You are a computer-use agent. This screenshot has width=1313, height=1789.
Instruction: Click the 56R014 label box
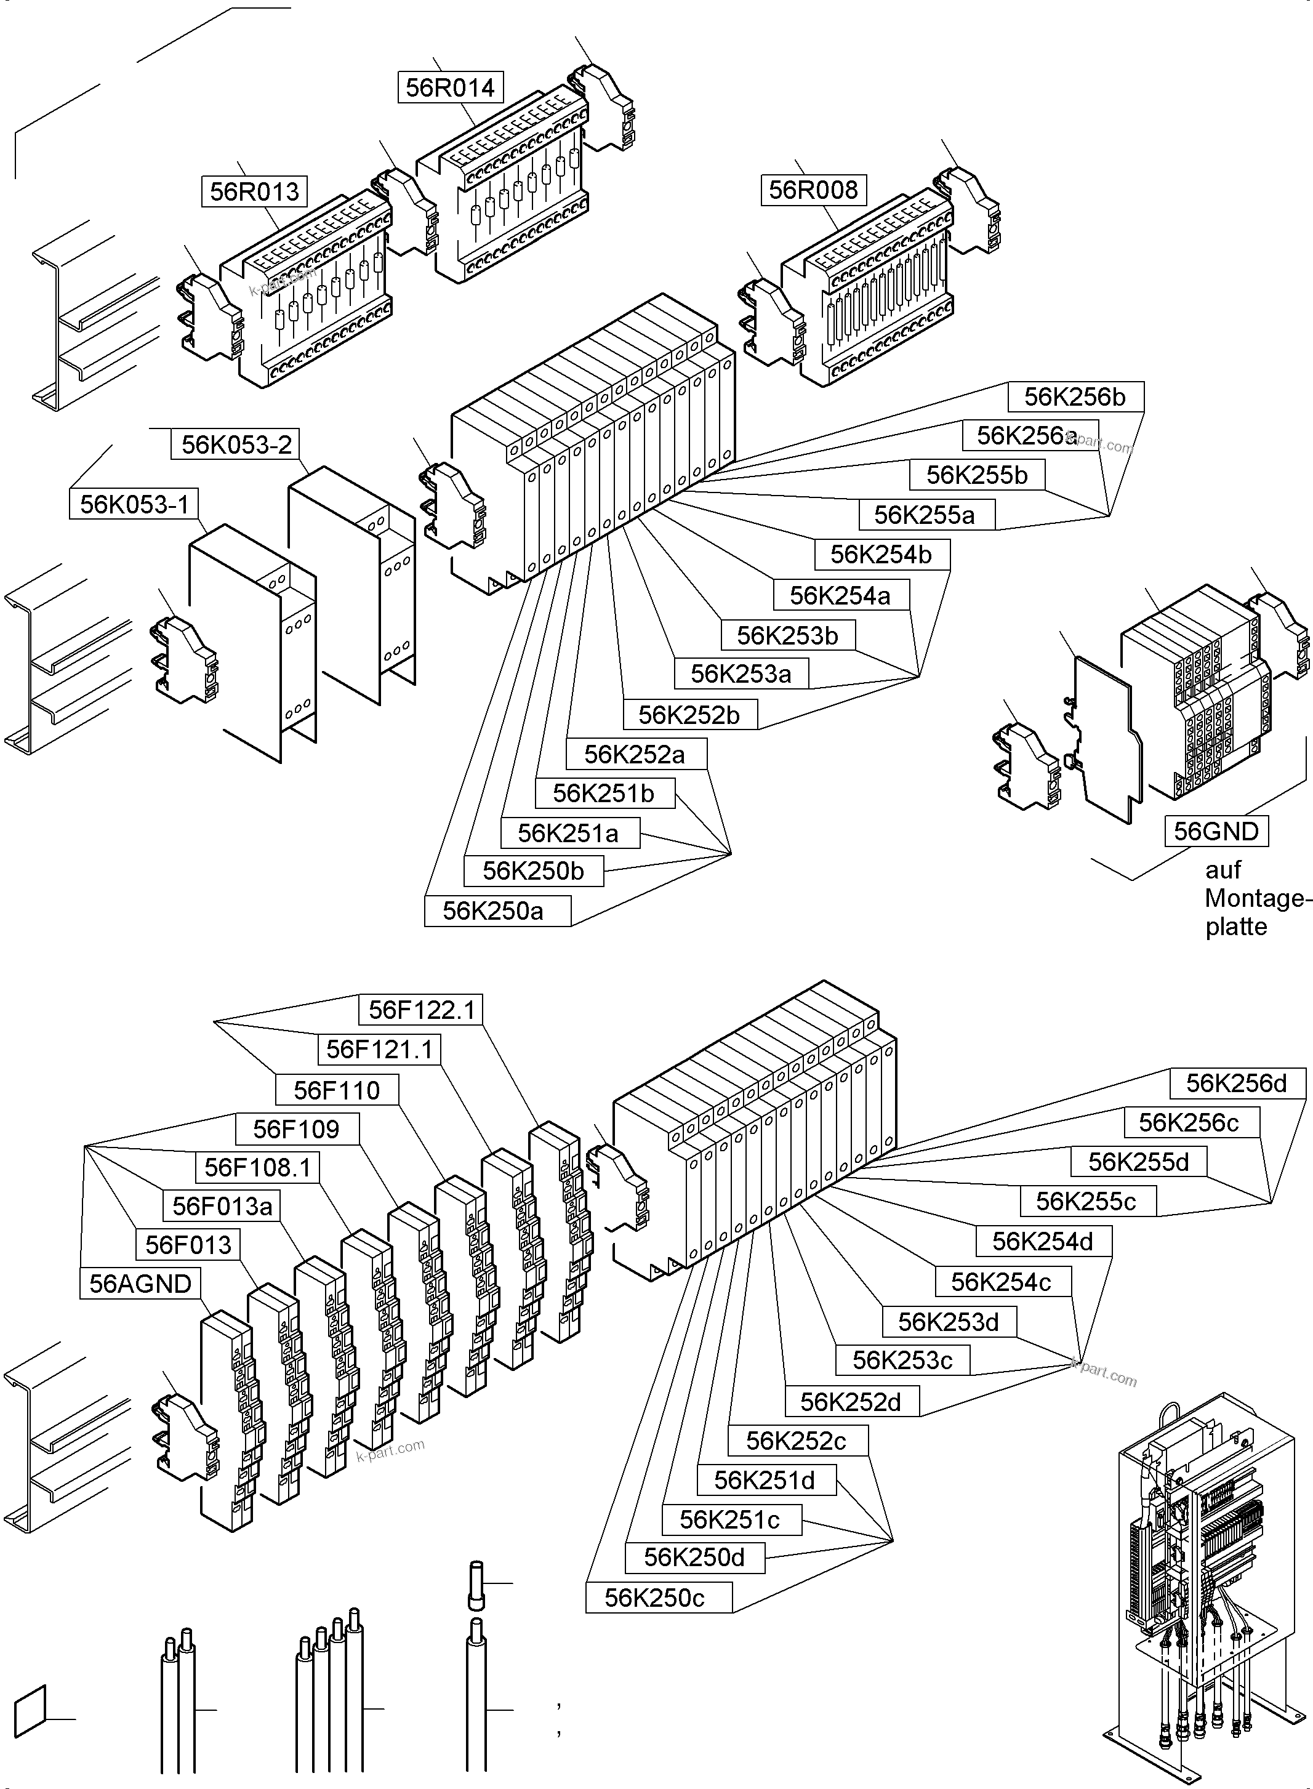450,87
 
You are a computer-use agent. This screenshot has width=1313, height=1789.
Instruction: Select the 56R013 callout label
254,191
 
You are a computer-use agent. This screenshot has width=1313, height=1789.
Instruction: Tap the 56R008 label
813,190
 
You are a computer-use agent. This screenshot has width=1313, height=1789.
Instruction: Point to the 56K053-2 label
236,444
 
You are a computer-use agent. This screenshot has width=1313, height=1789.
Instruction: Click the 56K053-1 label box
134,504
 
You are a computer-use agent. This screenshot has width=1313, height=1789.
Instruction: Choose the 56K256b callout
1075,396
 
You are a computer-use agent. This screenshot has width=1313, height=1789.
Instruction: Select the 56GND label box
1216,831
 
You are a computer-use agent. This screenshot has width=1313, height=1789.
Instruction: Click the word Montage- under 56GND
1254,899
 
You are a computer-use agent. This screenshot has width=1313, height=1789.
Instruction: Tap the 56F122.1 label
421,1010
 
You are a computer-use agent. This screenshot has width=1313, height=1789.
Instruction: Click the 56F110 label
337,1090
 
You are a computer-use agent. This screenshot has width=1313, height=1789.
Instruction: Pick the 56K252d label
852,1402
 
